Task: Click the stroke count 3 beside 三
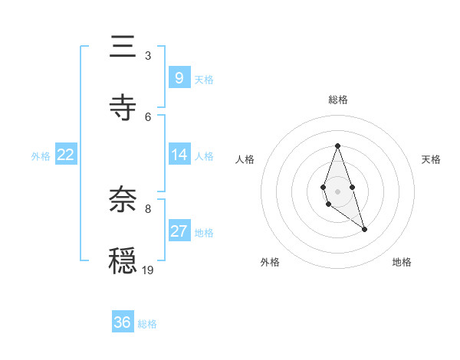[x=148, y=55]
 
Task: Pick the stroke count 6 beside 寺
[x=148, y=116]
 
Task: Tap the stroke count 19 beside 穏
[x=148, y=270]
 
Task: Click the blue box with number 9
[x=179, y=77]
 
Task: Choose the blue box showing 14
[x=179, y=155]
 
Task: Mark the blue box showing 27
[x=179, y=231]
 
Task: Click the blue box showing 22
[x=66, y=155]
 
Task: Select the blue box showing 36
[x=123, y=322]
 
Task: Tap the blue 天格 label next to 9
[x=204, y=79]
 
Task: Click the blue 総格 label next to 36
[x=147, y=324]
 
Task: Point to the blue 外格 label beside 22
[x=41, y=156]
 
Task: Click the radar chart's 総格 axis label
[x=337, y=100]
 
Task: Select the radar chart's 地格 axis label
[x=402, y=262]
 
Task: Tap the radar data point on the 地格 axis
[x=364, y=229]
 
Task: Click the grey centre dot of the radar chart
[x=337, y=190]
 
